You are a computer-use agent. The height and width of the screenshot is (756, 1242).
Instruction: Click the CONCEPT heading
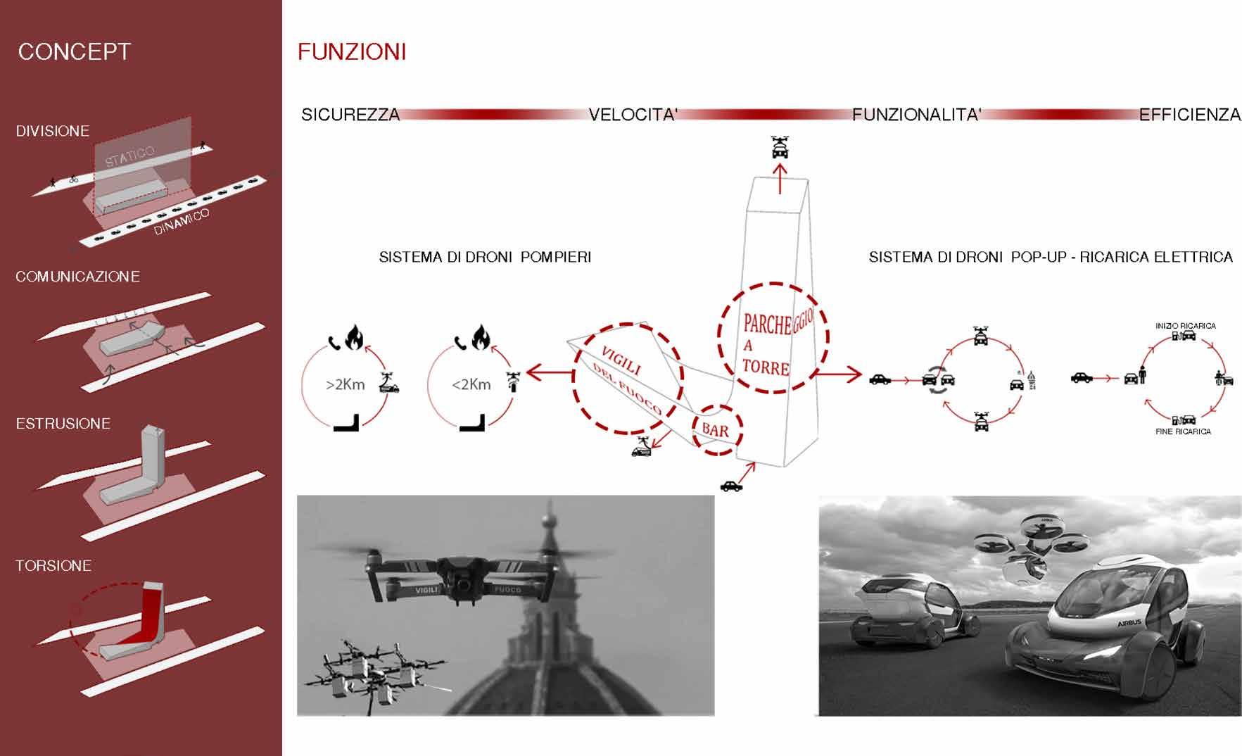(74, 52)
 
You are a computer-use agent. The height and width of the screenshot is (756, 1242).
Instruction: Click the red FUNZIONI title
(352, 52)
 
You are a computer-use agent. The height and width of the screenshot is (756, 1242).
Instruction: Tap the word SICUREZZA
(350, 115)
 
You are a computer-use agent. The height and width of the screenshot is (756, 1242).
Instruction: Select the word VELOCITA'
(633, 115)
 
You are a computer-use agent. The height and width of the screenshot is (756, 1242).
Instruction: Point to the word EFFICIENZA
(1190, 115)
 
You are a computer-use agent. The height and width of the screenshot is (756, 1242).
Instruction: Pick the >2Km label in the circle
(345, 385)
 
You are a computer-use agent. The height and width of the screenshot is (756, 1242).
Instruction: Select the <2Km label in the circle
(471, 385)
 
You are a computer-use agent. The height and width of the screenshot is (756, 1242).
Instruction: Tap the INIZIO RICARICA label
(1185, 326)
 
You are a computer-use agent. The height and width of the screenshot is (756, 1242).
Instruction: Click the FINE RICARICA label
(1183, 431)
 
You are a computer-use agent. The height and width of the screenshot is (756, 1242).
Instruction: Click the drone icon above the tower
(780, 146)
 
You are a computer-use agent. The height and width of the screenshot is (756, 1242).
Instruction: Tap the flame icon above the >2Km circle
(354, 337)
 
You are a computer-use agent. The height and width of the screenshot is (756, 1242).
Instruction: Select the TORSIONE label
(53, 566)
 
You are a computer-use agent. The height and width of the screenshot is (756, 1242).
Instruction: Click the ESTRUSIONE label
(63, 424)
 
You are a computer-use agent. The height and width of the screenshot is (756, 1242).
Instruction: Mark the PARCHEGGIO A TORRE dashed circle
(773, 338)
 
